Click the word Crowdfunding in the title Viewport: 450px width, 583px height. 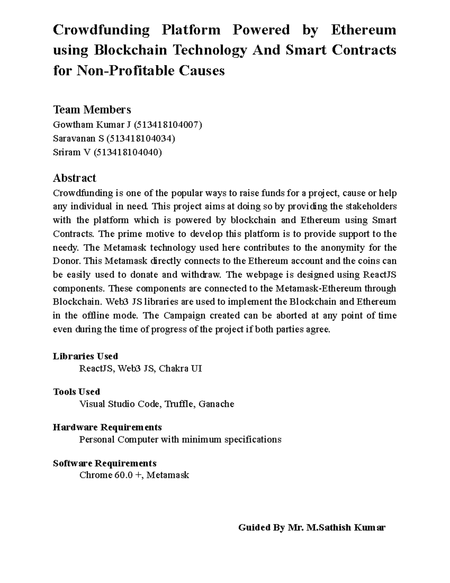pyautogui.click(x=101, y=30)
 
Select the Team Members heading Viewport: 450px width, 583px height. pyautogui.click(x=92, y=110)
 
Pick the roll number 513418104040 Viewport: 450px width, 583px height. pyautogui.click(x=127, y=152)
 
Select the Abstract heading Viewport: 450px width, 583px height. pyautogui.click(x=75, y=178)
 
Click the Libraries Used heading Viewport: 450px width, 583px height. pyautogui.click(x=85, y=356)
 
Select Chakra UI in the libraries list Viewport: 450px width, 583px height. pyautogui.click(x=180, y=369)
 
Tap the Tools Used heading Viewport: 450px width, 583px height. pyautogui.click(x=76, y=392)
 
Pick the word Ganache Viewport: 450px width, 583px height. pyautogui.click(x=216, y=404)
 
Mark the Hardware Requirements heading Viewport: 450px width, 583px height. pyautogui.click(x=107, y=427)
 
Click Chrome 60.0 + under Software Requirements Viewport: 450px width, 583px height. pyautogui.click(x=111, y=475)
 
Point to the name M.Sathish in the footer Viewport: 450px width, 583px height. pyautogui.click(x=328, y=527)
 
